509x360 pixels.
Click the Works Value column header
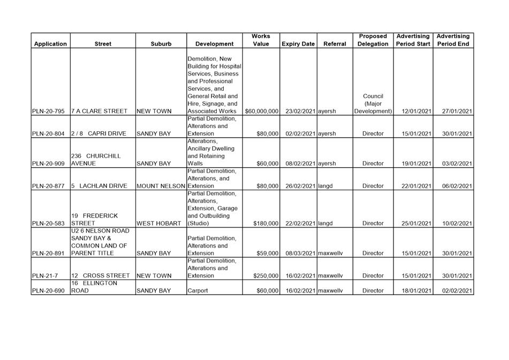[261, 40]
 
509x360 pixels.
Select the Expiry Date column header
[298, 44]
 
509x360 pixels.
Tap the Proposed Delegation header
[373, 40]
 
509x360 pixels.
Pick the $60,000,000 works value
[262, 111]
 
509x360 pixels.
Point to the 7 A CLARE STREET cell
[99, 111]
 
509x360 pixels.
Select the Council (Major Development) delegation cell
[373, 104]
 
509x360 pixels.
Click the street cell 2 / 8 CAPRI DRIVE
[97, 134]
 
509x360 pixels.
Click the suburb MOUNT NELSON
[161, 186]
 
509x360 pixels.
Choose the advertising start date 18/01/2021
[416, 291]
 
